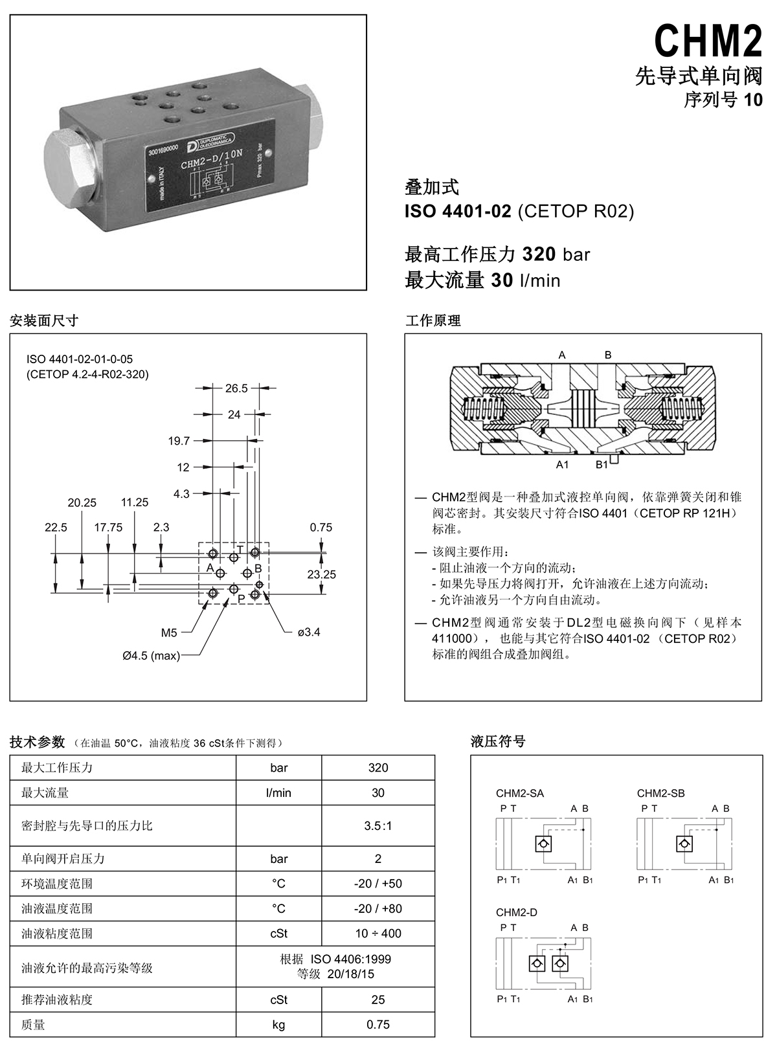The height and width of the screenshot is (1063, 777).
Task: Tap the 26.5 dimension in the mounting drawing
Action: [x=236, y=388]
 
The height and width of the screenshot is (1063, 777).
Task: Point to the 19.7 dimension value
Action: [x=179, y=441]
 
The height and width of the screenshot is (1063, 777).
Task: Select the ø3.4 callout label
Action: [x=309, y=632]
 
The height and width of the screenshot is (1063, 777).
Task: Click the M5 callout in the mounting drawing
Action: [x=169, y=632]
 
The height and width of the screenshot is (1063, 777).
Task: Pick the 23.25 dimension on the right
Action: [x=321, y=574]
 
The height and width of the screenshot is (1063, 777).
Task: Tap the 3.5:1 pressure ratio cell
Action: [x=377, y=825]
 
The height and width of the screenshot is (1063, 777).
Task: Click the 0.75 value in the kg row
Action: [x=377, y=1024]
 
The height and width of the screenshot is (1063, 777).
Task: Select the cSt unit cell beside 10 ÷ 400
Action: [x=278, y=934]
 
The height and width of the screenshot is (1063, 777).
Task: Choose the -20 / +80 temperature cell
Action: [x=377, y=908]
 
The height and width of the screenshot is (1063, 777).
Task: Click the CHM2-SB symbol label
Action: [x=660, y=793]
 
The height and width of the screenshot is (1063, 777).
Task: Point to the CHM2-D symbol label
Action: [x=516, y=912]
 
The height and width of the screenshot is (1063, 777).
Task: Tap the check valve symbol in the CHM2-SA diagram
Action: [x=543, y=844]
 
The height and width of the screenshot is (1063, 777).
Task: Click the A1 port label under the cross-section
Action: [x=562, y=464]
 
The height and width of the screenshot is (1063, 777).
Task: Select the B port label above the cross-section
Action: [x=608, y=355]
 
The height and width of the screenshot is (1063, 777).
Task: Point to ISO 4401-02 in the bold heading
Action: [x=458, y=211]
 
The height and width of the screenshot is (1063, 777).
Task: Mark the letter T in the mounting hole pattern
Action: [x=240, y=550]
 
